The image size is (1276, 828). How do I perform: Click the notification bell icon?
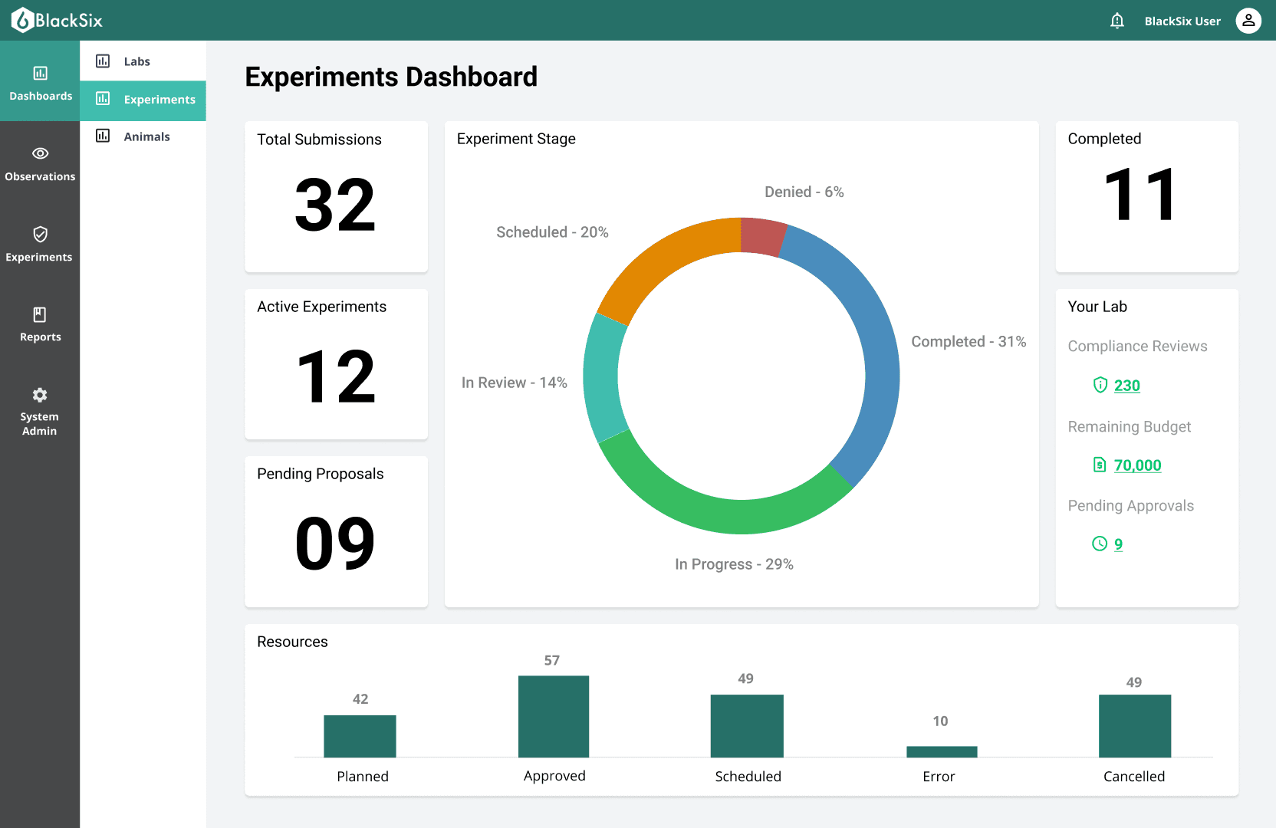(x=1117, y=21)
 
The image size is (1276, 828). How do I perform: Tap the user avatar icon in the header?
(x=1248, y=21)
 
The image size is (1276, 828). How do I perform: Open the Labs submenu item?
(x=136, y=61)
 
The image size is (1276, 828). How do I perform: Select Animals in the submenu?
(x=146, y=136)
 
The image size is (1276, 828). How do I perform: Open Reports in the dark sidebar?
(x=40, y=324)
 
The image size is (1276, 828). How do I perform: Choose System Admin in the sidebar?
(x=40, y=412)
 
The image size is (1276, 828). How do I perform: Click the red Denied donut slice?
(x=761, y=237)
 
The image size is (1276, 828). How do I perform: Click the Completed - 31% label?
(x=969, y=342)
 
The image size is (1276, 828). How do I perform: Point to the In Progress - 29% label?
(x=734, y=564)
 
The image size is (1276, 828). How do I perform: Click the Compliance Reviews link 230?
(x=1126, y=386)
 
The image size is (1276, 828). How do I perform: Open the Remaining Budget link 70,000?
(x=1137, y=465)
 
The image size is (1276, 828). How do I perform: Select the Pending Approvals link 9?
(x=1118, y=544)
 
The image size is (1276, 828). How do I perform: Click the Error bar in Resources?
(x=942, y=751)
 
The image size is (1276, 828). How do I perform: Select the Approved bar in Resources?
(x=554, y=716)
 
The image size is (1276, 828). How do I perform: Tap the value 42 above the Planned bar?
(x=360, y=699)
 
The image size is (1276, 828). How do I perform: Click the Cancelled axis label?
(x=1134, y=777)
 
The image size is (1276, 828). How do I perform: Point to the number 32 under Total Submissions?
(x=335, y=205)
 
